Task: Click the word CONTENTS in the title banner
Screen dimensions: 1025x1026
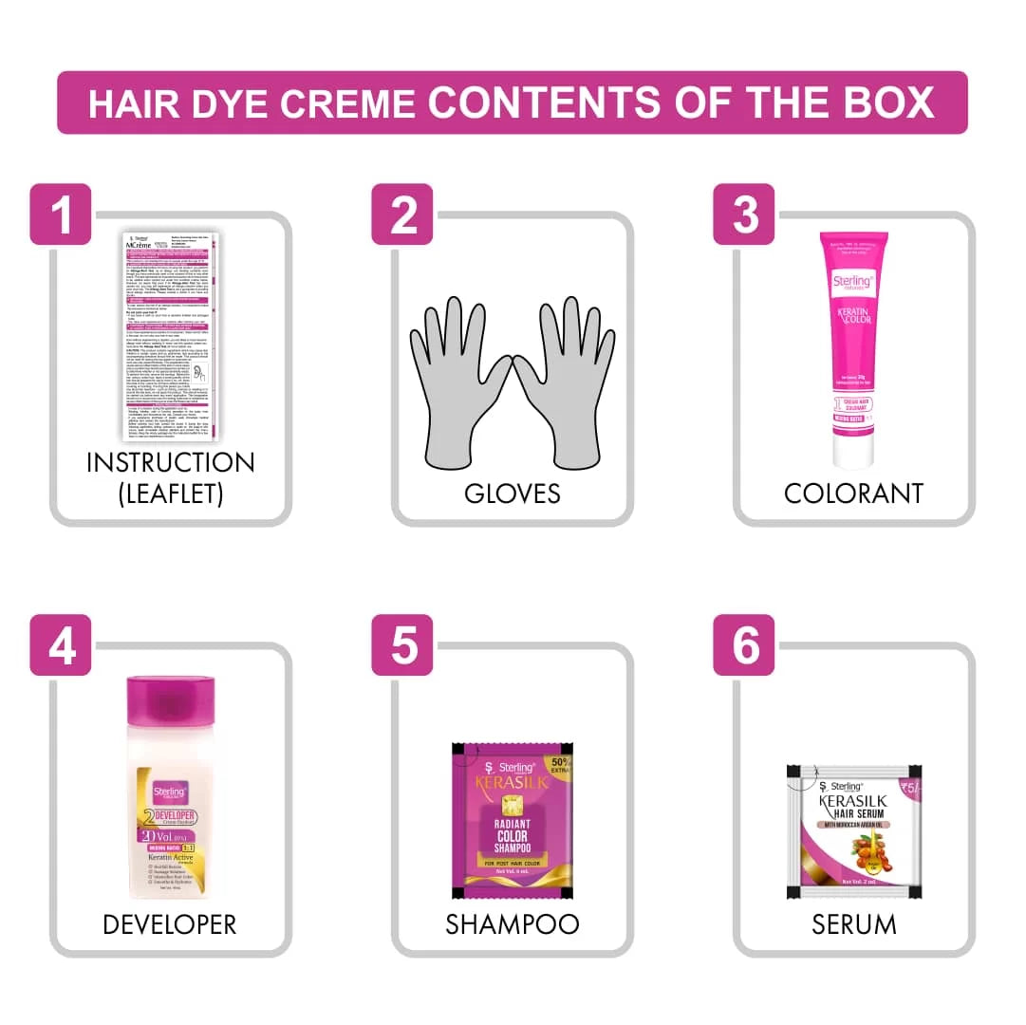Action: pyautogui.click(x=546, y=102)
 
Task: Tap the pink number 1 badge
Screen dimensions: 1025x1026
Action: pyautogui.click(x=62, y=214)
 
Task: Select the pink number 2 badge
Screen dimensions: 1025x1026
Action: pyautogui.click(x=402, y=214)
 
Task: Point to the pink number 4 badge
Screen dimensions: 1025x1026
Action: pyautogui.click(x=62, y=645)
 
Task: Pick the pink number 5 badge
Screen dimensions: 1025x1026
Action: pyautogui.click(x=402, y=645)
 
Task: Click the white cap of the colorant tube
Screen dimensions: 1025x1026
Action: pyautogui.click(x=854, y=451)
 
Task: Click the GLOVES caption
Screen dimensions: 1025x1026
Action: pyautogui.click(x=513, y=494)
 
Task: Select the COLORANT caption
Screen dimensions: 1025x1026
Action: pyautogui.click(x=853, y=494)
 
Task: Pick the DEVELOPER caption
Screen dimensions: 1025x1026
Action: pyautogui.click(x=170, y=923)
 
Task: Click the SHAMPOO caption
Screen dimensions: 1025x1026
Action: pyautogui.click(x=513, y=923)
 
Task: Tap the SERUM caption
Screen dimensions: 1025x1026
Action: pyautogui.click(x=853, y=923)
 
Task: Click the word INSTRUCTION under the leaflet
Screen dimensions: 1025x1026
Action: pyautogui.click(x=171, y=463)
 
